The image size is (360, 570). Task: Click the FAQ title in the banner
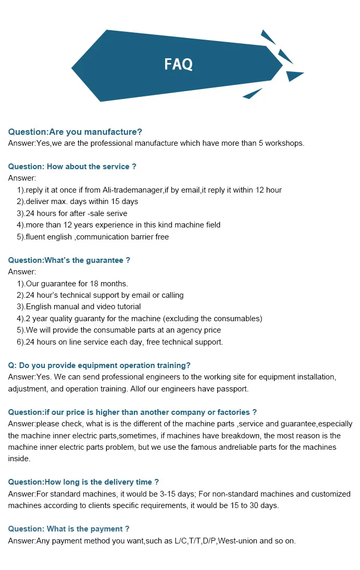[178, 64]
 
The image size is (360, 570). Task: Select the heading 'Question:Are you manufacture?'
[75, 132]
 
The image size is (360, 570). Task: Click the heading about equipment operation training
[100, 365]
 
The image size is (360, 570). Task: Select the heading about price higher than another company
[132, 412]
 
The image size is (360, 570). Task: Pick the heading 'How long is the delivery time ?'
[83, 482]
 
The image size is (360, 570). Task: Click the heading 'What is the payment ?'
[69, 529]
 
